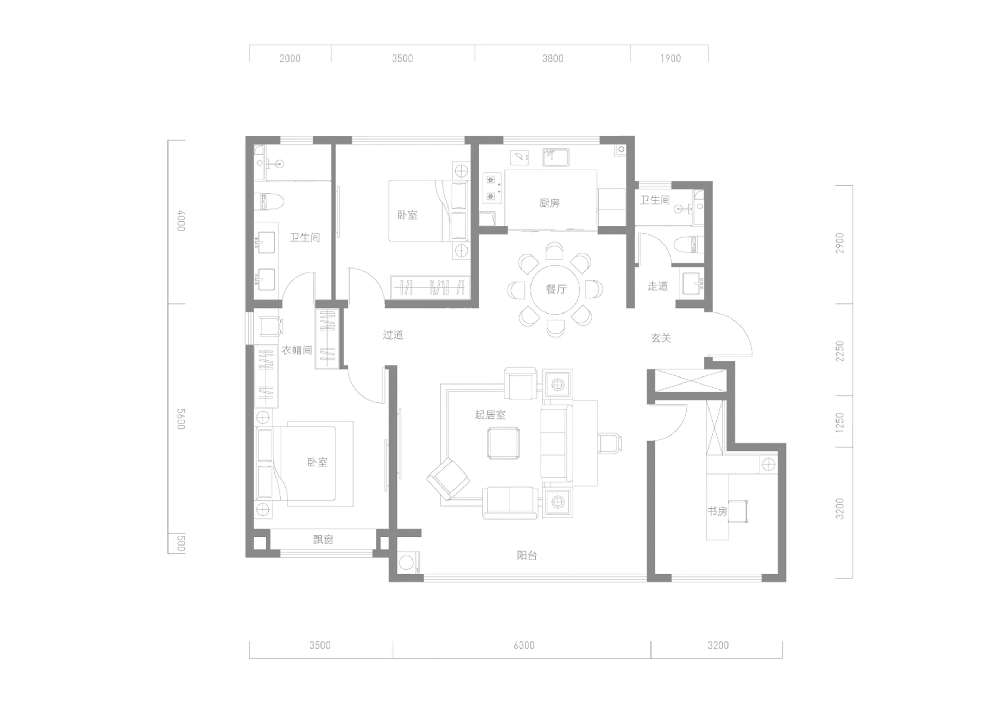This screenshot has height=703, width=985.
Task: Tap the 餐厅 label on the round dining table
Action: [x=556, y=289]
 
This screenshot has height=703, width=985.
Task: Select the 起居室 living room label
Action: [x=490, y=415]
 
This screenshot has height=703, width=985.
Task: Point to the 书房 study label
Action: [x=717, y=511]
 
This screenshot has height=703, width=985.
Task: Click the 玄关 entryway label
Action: [x=661, y=338]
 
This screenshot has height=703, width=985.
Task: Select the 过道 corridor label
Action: [x=393, y=335]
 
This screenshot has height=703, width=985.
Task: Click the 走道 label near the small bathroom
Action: [x=657, y=286]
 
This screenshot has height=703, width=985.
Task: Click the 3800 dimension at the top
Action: [x=553, y=58]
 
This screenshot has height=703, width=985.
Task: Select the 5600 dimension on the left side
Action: [x=181, y=419]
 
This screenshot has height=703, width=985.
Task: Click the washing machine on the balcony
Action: [x=406, y=563]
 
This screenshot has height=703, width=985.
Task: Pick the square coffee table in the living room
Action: [x=503, y=443]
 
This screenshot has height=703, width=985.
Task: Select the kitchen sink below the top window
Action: [x=556, y=157]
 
